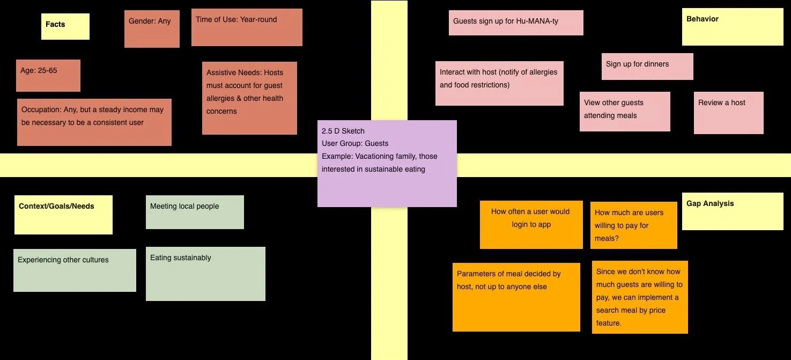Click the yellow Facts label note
point(65,26)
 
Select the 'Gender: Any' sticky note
point(152,29)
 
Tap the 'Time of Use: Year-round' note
point(247,27)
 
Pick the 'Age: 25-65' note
point(48,75)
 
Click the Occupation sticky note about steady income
point(94,122)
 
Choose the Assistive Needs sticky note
point(249,98)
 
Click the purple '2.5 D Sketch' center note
point(387,163)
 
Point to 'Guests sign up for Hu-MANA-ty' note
point(515,23)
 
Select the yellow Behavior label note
point(733,27)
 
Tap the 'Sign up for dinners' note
point(647,66)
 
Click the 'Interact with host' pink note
point(499,83)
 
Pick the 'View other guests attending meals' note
point(625,111)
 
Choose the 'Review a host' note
point(728,113)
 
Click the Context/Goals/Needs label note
point(63,215)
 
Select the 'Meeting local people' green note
point(195,212)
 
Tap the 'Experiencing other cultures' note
point(75,270)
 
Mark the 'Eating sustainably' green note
point(205,274)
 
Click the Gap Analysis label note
point(733,211)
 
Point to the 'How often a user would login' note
point(531,225)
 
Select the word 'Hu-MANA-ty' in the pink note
point(538,21)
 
